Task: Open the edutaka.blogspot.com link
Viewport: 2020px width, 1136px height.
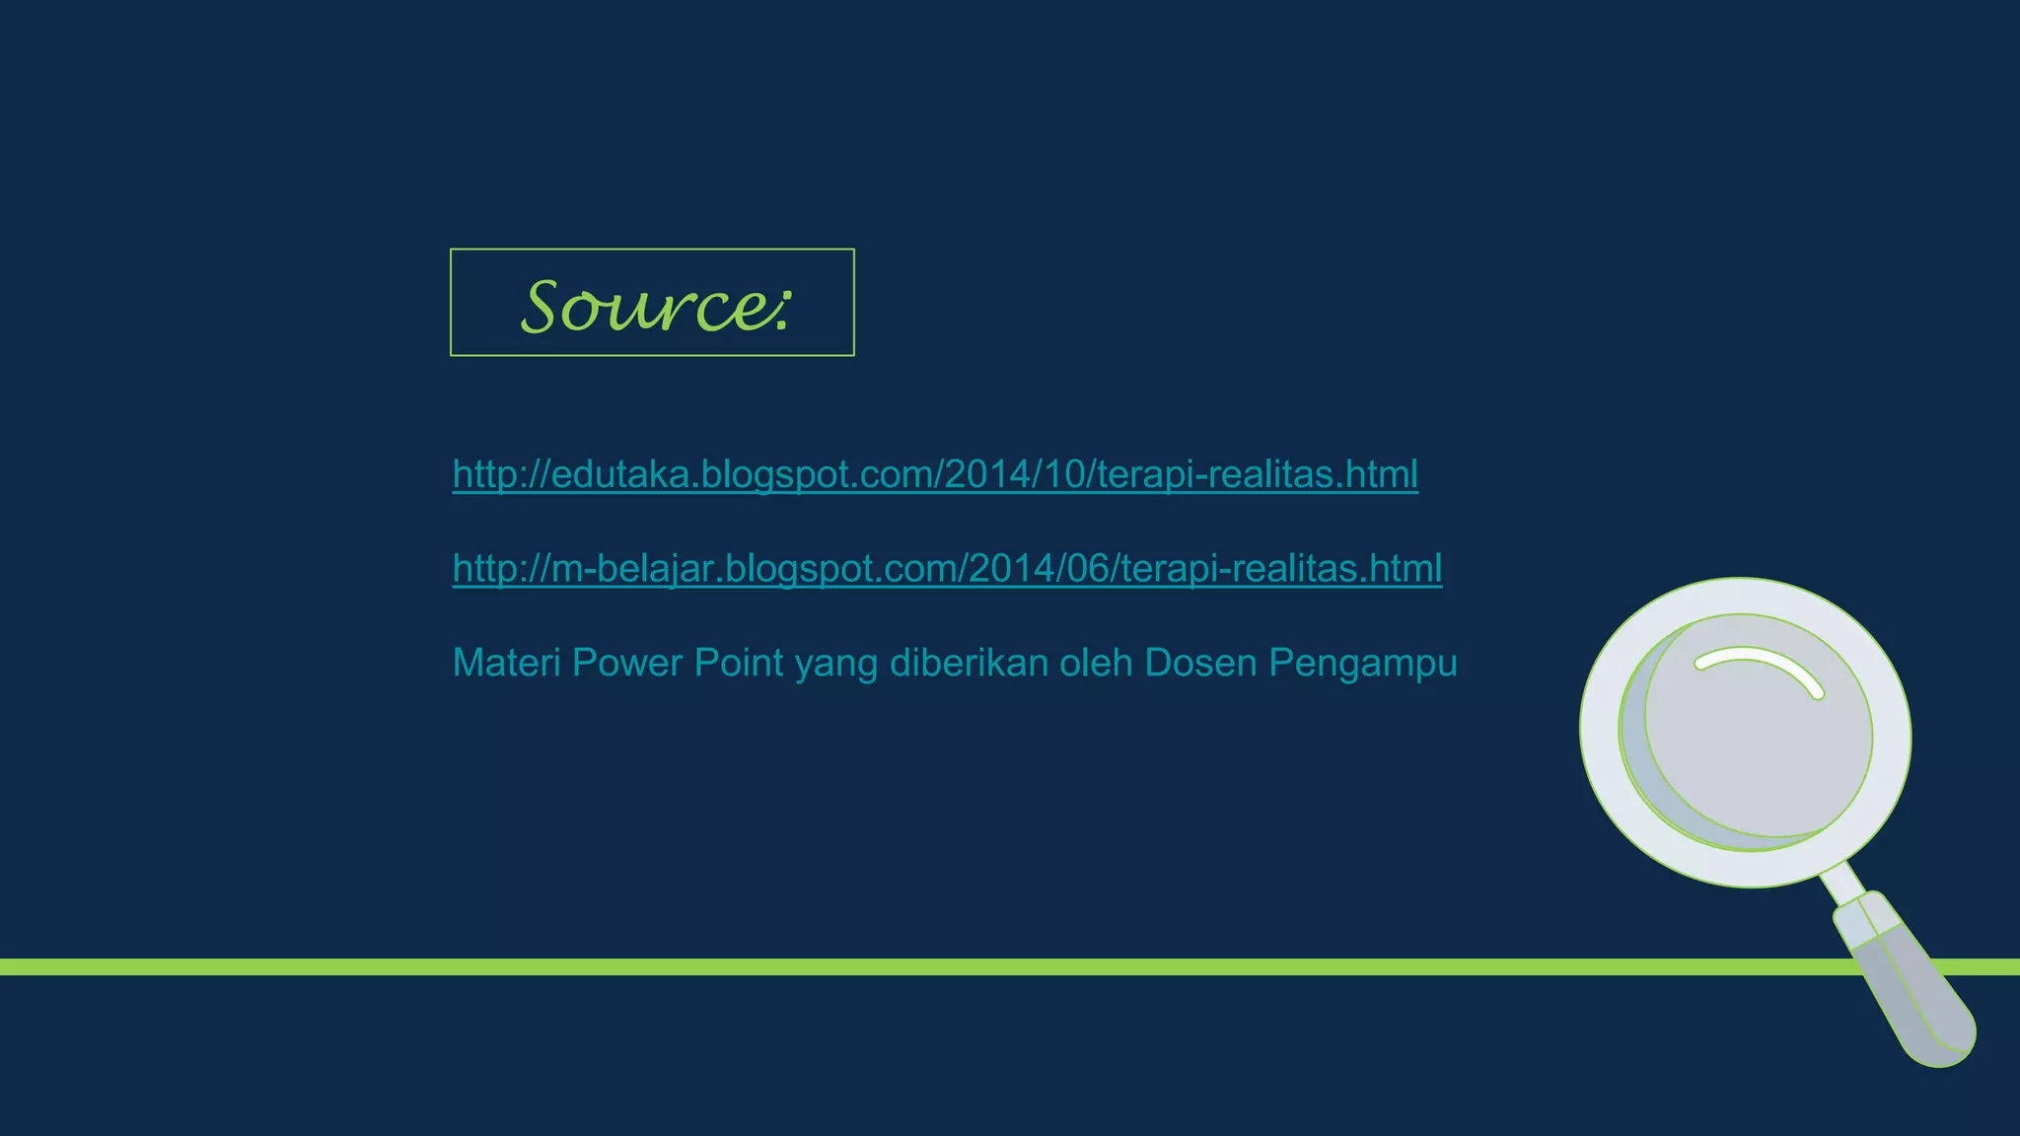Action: click(x=935, y=474)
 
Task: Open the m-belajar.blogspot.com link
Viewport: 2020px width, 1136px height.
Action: click(x=947, y=568)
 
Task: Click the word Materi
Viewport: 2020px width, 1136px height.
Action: click(x=506, y=663)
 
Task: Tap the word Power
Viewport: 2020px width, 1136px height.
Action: click(x=627, y=663)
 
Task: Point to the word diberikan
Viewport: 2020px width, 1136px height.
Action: click(x=969, y=663)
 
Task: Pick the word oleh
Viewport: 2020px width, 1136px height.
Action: click(x=1096, y=663)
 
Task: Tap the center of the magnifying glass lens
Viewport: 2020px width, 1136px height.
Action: click(x=1746, y=732)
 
